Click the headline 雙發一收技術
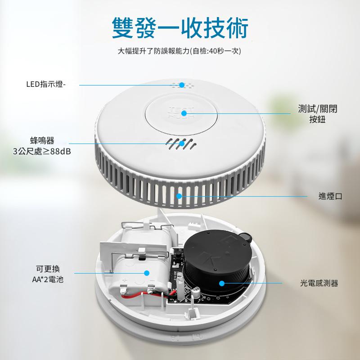point(180,28)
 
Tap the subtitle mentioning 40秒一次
point(179,51)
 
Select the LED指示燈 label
point(46,84)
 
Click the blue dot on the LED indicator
point(182,85)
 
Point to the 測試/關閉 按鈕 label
point(318,114)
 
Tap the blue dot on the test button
point(184,113)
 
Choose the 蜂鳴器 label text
point(42,140)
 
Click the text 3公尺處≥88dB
point(42,152)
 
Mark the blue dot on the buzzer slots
point(182,144)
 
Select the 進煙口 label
point(330,196)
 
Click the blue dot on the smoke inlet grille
point(179,196)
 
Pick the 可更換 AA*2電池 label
point(48,274)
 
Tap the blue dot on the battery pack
point(147,273)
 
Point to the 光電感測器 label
point(319,283)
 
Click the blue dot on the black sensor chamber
point(222,283)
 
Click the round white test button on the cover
point(181,114)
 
